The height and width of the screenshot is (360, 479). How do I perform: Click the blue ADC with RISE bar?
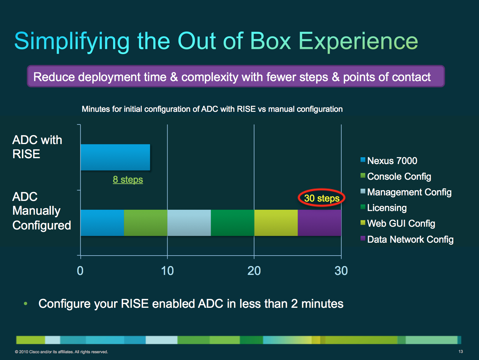click(115, 157)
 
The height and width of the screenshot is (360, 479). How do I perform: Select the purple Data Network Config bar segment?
click(319, 223)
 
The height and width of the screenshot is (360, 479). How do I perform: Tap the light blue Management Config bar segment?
click(189, 223)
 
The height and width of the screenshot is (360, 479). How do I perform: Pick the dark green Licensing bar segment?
click(232, 223)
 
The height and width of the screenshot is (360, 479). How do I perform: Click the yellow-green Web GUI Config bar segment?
click(276, 223)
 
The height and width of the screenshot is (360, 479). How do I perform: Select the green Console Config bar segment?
click(145, 223)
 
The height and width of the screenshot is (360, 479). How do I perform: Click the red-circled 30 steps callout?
click(322, 198)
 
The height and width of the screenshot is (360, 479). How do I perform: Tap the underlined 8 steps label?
click(128, 179)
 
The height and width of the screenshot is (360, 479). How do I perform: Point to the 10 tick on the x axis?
click(167, 271)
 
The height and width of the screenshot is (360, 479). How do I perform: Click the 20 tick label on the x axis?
click(254, 271)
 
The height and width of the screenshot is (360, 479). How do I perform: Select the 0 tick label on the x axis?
click(80, 271)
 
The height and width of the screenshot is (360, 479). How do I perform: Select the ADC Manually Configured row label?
click(42, 211)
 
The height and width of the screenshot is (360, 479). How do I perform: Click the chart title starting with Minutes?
click(212, 109)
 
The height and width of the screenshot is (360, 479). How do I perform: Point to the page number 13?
click(461, 351)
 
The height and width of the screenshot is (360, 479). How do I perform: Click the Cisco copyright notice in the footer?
click(61, 352)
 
